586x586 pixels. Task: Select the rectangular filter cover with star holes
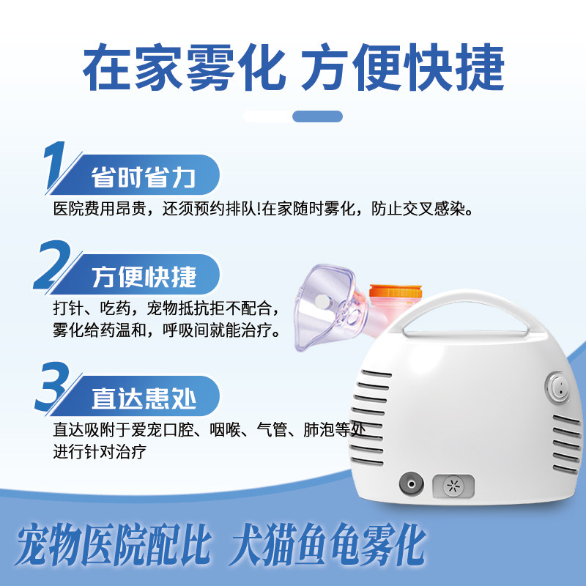pos(453,486)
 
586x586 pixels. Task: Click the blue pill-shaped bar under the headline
pos(317,116)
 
